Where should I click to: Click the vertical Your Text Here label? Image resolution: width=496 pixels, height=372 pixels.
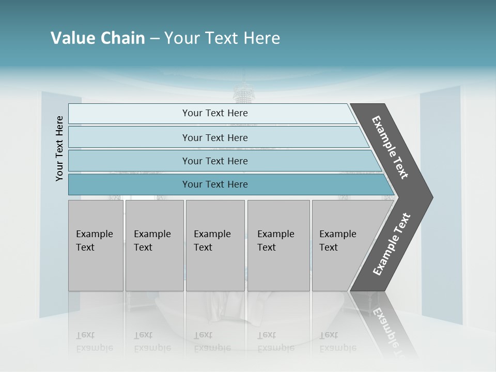tap(59, 148)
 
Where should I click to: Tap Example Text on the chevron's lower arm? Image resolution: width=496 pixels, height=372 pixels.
tap(391, 244)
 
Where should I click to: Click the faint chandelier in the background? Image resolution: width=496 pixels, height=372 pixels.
tap(241, 93)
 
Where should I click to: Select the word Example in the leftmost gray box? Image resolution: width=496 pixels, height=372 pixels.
tap(94, 234)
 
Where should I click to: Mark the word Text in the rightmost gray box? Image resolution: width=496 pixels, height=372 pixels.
tap(329, 247)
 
